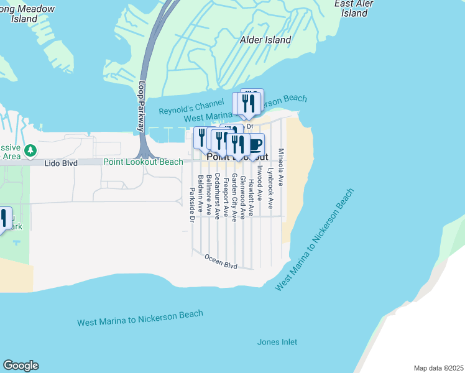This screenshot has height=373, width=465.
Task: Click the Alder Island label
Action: click(265, 40)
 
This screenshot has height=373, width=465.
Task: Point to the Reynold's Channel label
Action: click(182, 110)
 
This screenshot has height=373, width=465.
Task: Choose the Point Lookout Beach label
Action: click(143, 162)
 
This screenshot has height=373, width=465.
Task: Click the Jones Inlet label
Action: click(277, 342)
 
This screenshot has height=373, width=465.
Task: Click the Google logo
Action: click(21, 366)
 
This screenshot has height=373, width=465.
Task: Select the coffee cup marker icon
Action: click(255, 145)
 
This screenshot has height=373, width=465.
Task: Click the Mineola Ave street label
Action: click(281, 168)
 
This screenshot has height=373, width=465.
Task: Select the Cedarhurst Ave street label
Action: click(217, 196)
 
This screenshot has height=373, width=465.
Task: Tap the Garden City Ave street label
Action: click(234, 197)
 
